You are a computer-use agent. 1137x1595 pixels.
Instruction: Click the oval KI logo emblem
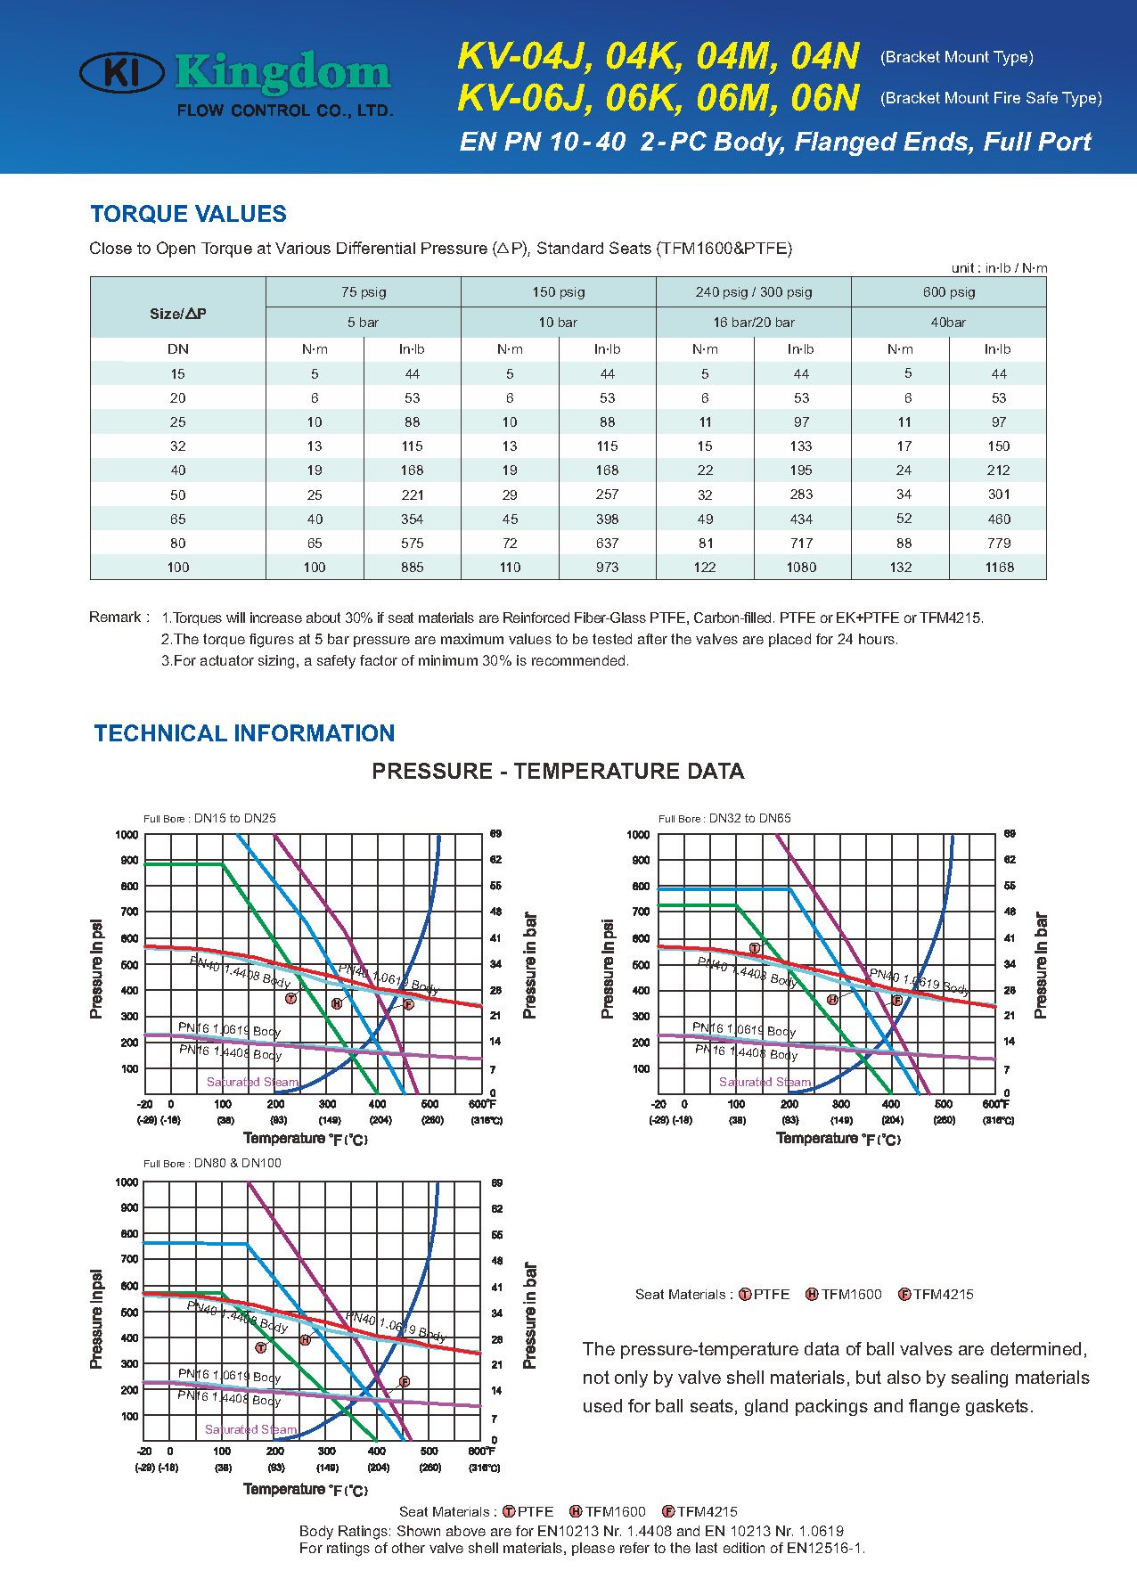122,73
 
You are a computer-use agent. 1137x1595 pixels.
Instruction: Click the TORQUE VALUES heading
188,214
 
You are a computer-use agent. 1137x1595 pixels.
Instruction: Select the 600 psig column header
948,292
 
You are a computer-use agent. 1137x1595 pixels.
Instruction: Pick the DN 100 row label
178,568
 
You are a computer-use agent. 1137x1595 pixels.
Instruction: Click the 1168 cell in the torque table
999,568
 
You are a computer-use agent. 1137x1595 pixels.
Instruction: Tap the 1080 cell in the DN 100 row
801,568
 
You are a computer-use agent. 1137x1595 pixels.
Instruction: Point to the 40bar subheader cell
948,323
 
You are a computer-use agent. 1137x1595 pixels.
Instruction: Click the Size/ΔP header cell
178,314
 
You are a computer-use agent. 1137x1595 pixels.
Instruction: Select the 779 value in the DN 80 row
999,544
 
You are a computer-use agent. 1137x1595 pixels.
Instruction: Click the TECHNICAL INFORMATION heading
244,733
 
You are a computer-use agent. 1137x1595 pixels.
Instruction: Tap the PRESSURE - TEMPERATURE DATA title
558,772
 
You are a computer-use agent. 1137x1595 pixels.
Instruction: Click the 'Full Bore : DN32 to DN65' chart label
724,818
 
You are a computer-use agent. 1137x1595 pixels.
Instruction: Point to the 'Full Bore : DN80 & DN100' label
212,1163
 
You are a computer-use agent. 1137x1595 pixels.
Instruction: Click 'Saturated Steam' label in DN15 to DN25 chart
252,1082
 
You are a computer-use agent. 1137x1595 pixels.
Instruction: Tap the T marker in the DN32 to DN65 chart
755,948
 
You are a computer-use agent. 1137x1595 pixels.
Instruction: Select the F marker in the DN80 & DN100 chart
404,1381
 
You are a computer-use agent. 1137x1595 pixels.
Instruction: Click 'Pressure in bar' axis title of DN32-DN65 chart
1040,966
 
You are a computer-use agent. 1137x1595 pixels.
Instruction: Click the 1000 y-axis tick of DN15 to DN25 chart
127,835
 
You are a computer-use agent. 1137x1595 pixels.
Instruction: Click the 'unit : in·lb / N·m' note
999,268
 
